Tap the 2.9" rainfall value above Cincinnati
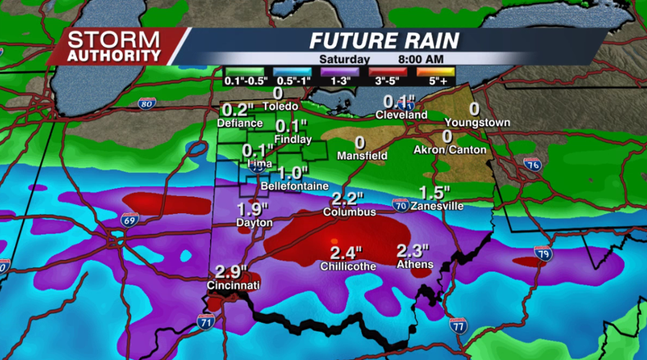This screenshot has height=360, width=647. pos(232,273)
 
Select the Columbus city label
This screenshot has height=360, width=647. pos(350,212)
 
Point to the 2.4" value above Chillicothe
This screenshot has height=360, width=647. pos(346,253)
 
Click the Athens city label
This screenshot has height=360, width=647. pos(415,264)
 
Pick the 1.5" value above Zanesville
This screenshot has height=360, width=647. pos(435,193)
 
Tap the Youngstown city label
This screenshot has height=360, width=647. pos(477,122)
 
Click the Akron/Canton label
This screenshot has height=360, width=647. pos(450,150)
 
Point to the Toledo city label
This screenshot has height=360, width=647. pos(280,107)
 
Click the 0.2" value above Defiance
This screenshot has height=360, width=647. pos(238,110)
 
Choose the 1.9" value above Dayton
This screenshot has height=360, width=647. pos(253,210)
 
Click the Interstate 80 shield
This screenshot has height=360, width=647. pos(146,104)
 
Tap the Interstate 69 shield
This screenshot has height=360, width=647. pos(130,220)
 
